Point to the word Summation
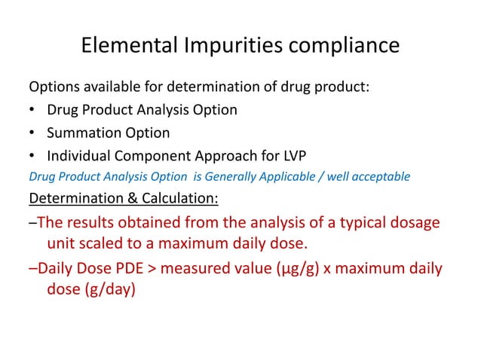click(82, 133)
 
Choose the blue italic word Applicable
click(283, 177)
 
